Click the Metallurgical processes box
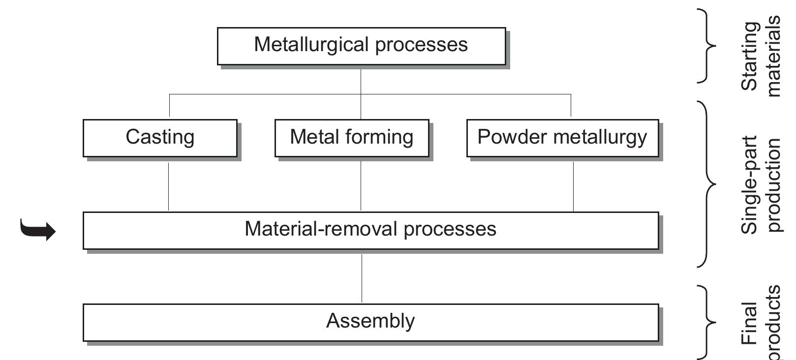click(x=361, y=46)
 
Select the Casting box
click(x=160, y=138)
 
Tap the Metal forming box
click(x=351, y=138)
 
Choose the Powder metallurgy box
click(x=562, y=138)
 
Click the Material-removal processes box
click(x=370, y=230)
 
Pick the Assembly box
click(x=370, y=322)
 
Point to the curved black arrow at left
click(x=38, y=230)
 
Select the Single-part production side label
click(x=760, y=184)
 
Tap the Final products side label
click(x=760, y=322)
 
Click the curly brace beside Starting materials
click(x=707, y=46)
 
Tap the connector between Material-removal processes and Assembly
click(x=362, y=278)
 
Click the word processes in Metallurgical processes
click(x=421, y=45)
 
